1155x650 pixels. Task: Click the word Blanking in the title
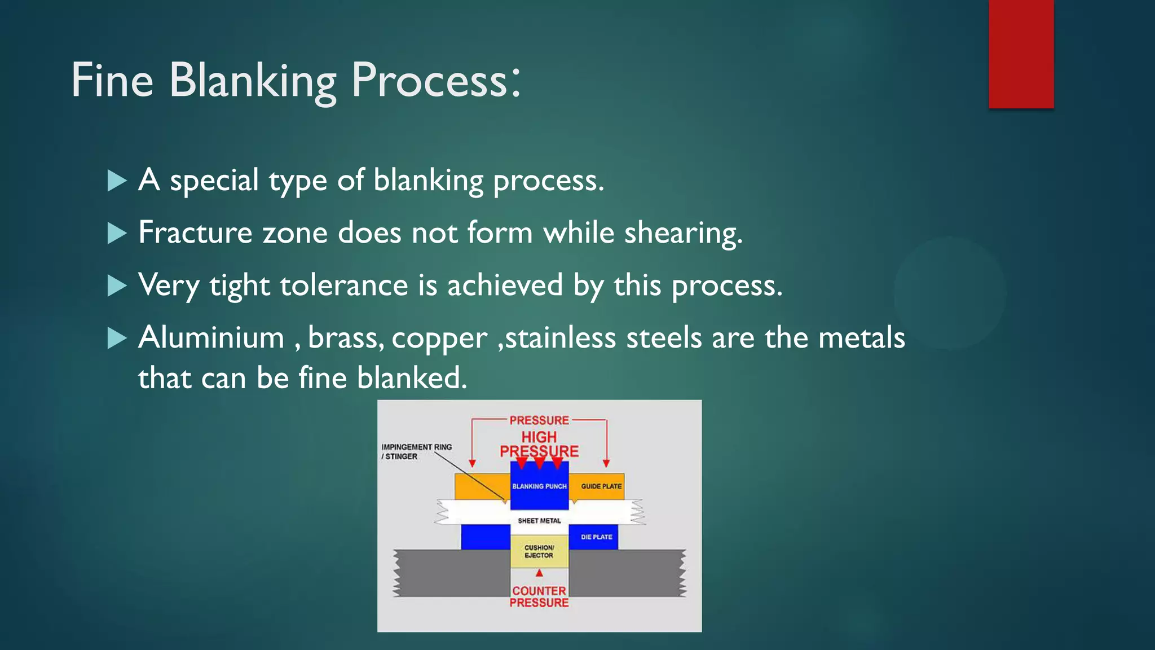point(252,81)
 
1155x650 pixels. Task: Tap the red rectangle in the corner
point(1021,54)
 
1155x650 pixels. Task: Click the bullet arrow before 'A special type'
point(117,181)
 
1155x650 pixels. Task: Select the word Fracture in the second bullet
point(195,232)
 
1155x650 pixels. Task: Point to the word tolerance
point(343,285)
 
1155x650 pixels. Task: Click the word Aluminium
point(211,337)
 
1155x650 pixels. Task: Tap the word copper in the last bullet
point(439,339)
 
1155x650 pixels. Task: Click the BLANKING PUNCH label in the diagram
point(539,486)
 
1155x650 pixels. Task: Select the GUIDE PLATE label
point(601,486)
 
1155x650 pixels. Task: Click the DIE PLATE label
point(596,537)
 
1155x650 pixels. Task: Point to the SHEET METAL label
point(539,521)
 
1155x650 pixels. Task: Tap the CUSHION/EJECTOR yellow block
point(539,551)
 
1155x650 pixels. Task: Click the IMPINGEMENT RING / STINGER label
point(416,451)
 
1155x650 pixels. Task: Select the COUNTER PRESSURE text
point(539,596)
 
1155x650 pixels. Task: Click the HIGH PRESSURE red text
point(539,444)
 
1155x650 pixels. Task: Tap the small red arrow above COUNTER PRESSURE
point(539,573)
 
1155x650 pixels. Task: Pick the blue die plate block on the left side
point(485,537)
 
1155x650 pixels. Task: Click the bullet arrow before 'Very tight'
point(117,286)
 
